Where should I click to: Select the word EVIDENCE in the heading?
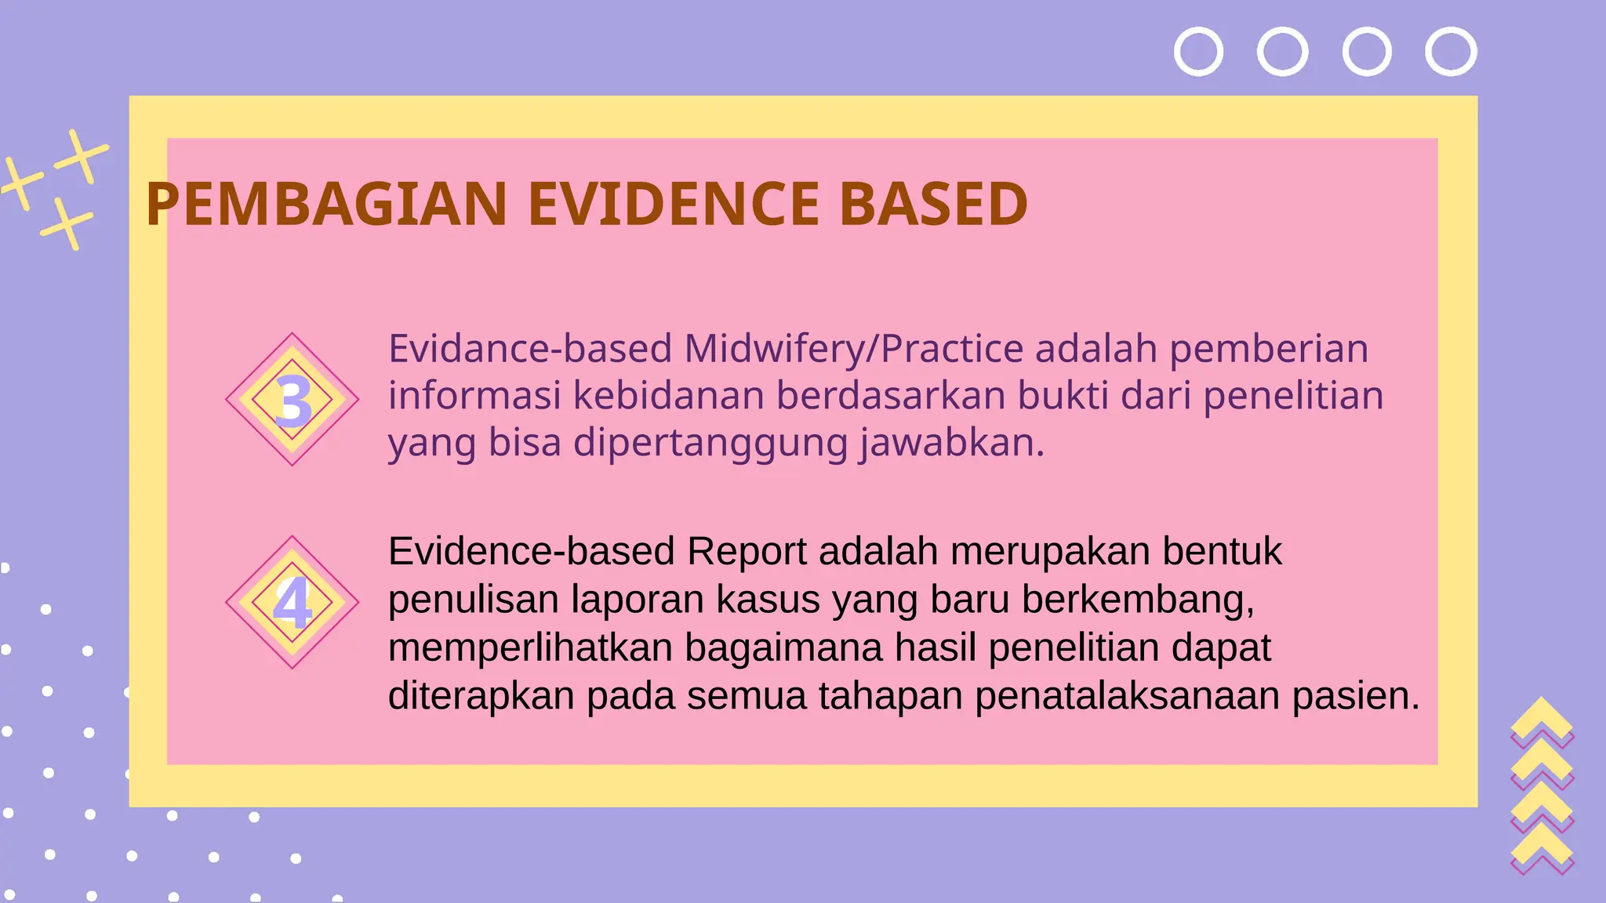(673, 205)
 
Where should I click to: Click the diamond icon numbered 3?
(292, 400)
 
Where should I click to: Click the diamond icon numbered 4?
(292, 602)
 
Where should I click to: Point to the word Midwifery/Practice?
(853, 349)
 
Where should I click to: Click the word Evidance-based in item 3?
(530, 349)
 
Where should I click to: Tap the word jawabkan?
(951, 443)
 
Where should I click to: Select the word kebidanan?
(669, 396)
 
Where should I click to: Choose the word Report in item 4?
(747, 552)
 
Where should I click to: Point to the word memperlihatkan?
(530, 648)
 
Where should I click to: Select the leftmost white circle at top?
(1198, 52)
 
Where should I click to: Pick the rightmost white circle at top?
(1451, 52)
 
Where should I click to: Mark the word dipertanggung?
(710, 444)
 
